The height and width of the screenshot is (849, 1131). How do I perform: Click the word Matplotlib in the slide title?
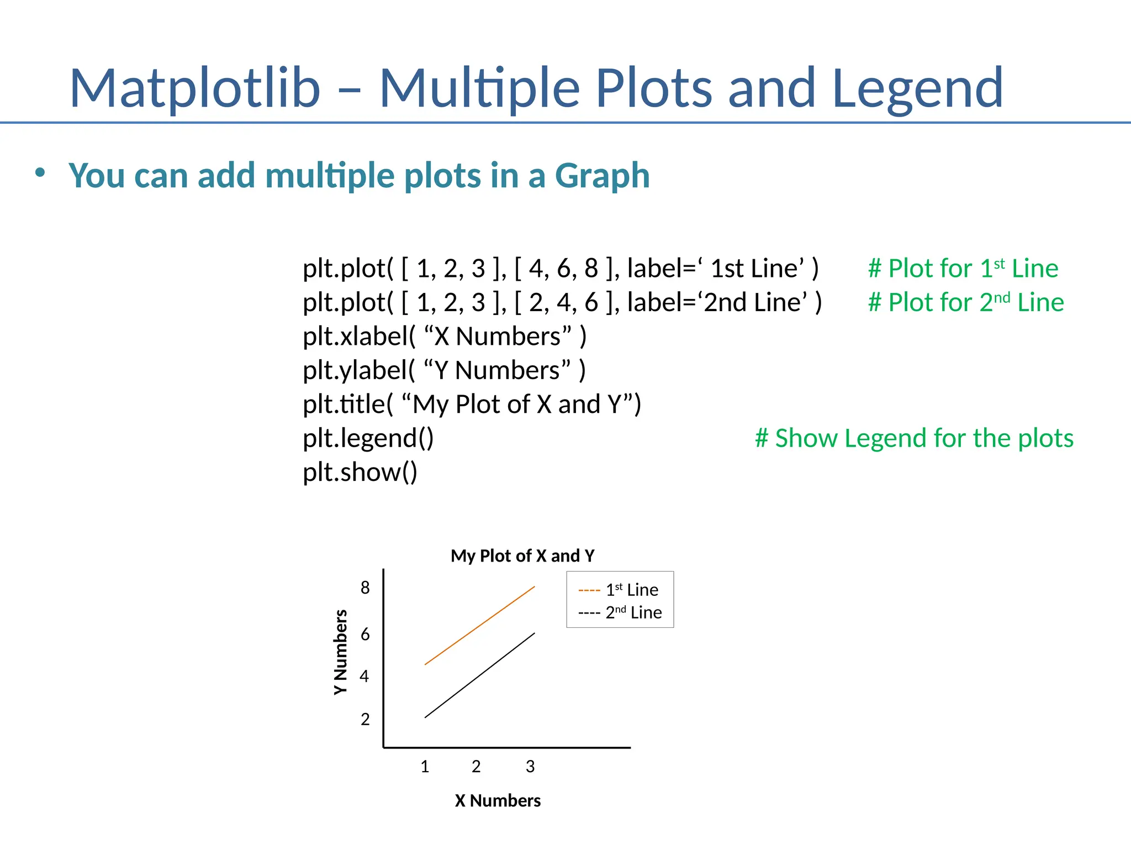point(194,88)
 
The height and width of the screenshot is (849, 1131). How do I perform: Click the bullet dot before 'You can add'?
point(40,173)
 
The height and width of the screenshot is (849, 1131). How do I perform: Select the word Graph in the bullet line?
point(602,176)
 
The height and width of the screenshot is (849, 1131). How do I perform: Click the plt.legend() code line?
point(368,438)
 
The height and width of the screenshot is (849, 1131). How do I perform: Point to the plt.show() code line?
point(360,472)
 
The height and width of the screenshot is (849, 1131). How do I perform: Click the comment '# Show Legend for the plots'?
point(914,438)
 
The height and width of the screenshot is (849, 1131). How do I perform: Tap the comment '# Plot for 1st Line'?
point(963,269)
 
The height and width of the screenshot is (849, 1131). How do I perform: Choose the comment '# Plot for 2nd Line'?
point(965,302)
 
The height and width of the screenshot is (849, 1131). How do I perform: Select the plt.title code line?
point(472,404)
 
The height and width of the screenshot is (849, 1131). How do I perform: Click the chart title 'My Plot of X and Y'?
point(522,555)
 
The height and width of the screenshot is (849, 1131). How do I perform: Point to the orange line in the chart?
point(479,626)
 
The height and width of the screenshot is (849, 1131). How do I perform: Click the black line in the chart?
point(479,675)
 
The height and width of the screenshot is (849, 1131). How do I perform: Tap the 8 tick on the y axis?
point(365,588)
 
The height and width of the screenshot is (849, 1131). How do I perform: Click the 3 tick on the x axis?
point(530,767)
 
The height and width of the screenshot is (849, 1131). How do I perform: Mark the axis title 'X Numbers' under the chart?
point(498,800)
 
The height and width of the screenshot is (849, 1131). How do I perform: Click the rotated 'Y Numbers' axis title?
point(341,652)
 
